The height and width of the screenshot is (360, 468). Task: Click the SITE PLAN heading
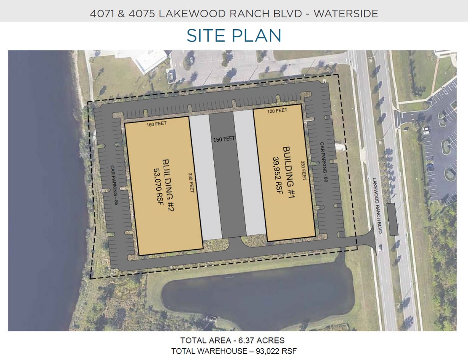pyautogui.click(x=234, y=36)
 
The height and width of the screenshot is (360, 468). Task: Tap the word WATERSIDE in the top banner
pyautogui.click(x=345, y=14)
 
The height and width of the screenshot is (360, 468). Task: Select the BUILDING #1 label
pyautogui.click(x=289, y=172)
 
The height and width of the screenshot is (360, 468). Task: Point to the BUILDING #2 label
pyautogui.click(x=168, y=185)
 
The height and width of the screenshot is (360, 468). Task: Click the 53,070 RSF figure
pyautogui.click(x=158, y=186)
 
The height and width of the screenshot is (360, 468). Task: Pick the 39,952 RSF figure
pyautogui.click(x=277, y=175)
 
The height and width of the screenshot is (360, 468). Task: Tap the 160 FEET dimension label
pyautogui.click(x=157, y=124)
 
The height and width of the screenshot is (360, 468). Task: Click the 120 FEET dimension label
pyautogui.click(x=277, y=111)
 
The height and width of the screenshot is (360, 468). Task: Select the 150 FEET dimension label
pyautogui.click(x=224, y=139)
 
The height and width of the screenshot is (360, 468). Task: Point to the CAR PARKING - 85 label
pyautogui.click(x=114, y=185)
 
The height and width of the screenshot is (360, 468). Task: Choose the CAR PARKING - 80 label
pyautogui.click(x=324, y=162)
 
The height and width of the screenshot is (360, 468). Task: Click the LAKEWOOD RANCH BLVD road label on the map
pyautogui.click(x=377, y=206)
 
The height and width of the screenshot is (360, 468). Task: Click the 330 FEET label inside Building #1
pyautogui.click(x=303, y=171)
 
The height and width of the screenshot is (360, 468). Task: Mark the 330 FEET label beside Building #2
pyautogui.click(x=191, y=182)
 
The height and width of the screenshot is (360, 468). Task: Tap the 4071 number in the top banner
pyautogui.click(x=102, y=14)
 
